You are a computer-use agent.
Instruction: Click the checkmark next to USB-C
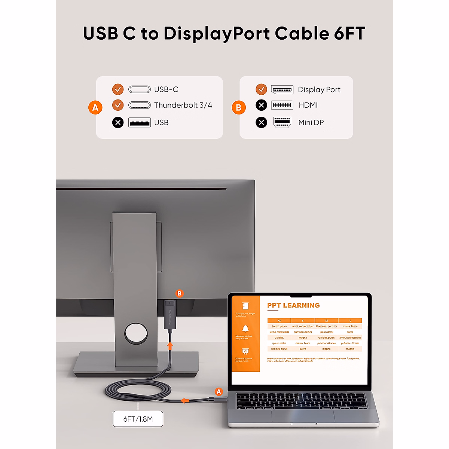coord(118,89)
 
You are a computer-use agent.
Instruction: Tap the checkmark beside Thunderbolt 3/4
coord(118,105)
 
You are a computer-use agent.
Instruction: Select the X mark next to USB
coord(118,122)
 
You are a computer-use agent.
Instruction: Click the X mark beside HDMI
coord(261,105)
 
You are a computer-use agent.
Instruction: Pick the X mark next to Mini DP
coord(261,122)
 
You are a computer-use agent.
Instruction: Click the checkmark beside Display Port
coord(261,89)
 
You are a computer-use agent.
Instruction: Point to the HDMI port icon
coord(282,105)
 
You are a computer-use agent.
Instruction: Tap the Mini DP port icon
coord(282,122)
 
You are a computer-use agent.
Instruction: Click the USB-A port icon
coord(140,122)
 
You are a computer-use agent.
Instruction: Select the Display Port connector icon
coord(282,90)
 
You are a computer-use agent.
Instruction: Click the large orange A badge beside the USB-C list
coord(95,108)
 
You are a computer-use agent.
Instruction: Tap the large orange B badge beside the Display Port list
coord(239,108)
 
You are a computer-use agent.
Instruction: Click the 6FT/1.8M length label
coord(138,419)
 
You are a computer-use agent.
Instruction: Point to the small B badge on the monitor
coord(180,294)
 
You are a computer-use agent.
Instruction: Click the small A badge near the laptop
coord(219,392)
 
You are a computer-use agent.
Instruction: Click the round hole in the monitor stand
coord(136,334)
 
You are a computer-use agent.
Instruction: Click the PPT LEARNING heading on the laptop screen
coord(293,305)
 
